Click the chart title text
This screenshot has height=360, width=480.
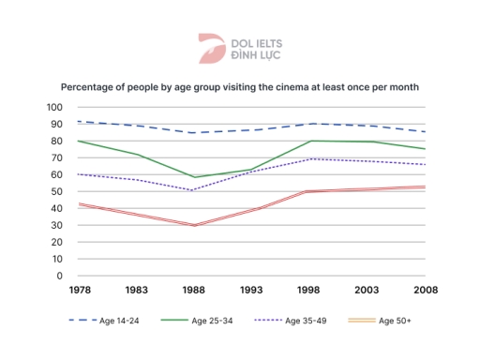pos(239,85)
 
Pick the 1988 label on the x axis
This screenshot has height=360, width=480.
pos(194,292)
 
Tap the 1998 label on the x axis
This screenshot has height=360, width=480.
pos(311,292)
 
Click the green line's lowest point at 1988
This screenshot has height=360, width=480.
pos(194,177)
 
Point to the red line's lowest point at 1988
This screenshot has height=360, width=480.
pos(194,225)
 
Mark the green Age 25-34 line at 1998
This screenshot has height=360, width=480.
pos(311,141)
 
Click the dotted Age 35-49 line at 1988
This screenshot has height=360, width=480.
pos(194,190)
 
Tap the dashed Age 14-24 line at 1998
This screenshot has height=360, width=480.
pos(311,124)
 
